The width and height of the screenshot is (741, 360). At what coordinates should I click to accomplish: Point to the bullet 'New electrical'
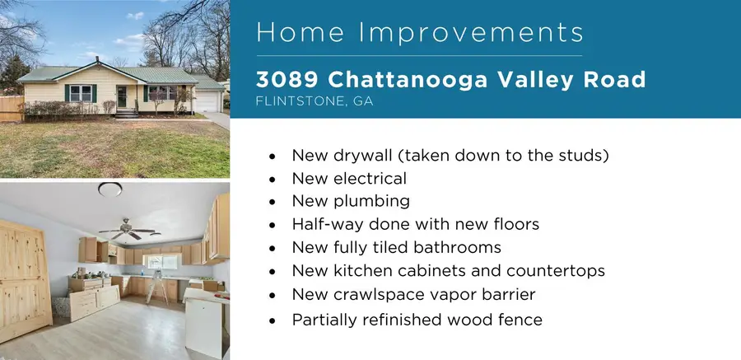pyautogui.click(x=349, y=178)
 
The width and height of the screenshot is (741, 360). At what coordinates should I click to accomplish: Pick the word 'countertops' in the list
pyautogui.click(x=559, y=270)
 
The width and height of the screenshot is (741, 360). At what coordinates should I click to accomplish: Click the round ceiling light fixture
pyautogui.click(x=110, y=189)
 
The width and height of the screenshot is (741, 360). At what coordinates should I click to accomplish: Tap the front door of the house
pyautogui.click(x=123, y=97)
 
